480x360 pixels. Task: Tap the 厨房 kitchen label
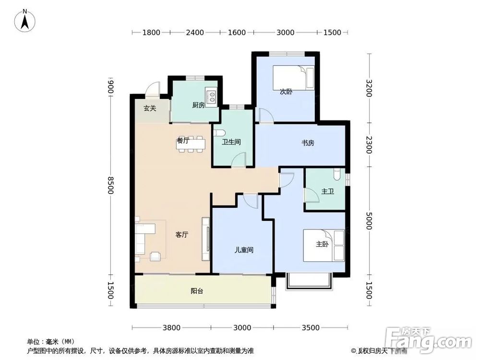pos(198,105)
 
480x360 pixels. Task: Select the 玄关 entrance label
pos(150,108)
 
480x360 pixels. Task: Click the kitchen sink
pos(210,96)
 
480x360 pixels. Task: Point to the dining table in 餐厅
pos(191,144)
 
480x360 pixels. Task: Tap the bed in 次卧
pos(294,77)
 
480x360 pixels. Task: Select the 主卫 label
pos(327,192)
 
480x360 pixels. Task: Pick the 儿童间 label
pos(243,250)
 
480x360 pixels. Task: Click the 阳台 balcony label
pos(196,291)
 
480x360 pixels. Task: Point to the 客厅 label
pos(181,235)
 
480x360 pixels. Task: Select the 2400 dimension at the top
pos(195,33)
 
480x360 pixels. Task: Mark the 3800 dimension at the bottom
pos(171,328)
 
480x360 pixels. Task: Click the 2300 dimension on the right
pos(369,144)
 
